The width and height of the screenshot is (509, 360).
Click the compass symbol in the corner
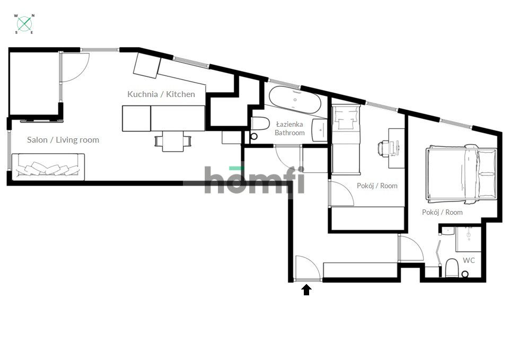pos(24,24)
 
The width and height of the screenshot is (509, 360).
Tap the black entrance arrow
pos(306,289)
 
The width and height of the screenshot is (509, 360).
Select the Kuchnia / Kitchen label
pos(161,94)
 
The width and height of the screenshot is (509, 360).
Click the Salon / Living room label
pos(63,140)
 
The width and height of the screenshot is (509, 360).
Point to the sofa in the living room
pos(48,166)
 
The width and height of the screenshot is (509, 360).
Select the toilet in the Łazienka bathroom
pos(259,126)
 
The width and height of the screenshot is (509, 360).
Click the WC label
pos(469,260)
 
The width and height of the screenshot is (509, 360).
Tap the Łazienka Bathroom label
pos(289,128)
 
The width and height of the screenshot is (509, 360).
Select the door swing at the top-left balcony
pos(73,66)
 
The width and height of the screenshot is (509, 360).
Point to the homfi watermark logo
pos(254,180)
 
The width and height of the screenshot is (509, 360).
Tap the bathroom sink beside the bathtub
pos(320,129)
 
